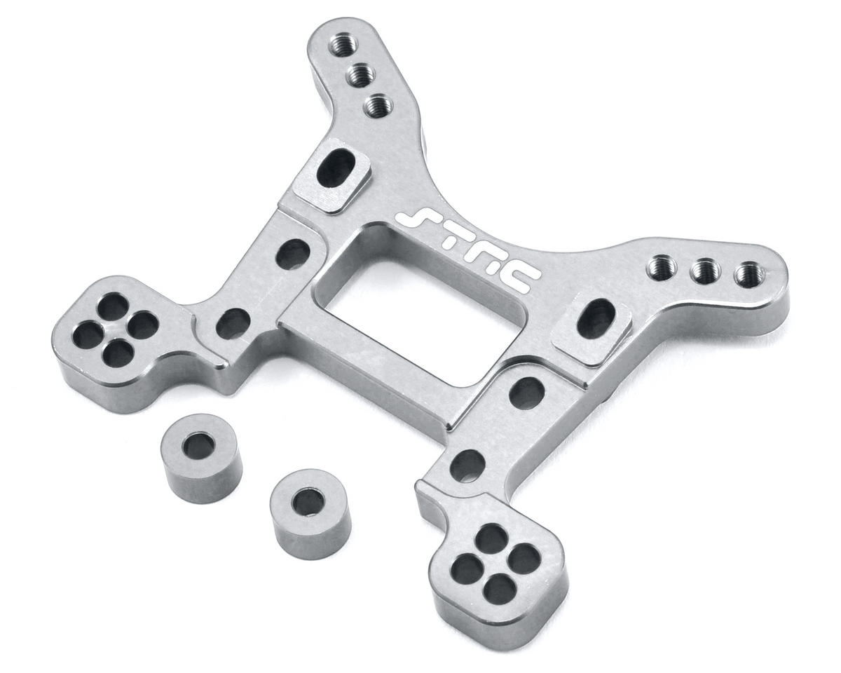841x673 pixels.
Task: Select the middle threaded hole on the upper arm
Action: click(x=361, y=74)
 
